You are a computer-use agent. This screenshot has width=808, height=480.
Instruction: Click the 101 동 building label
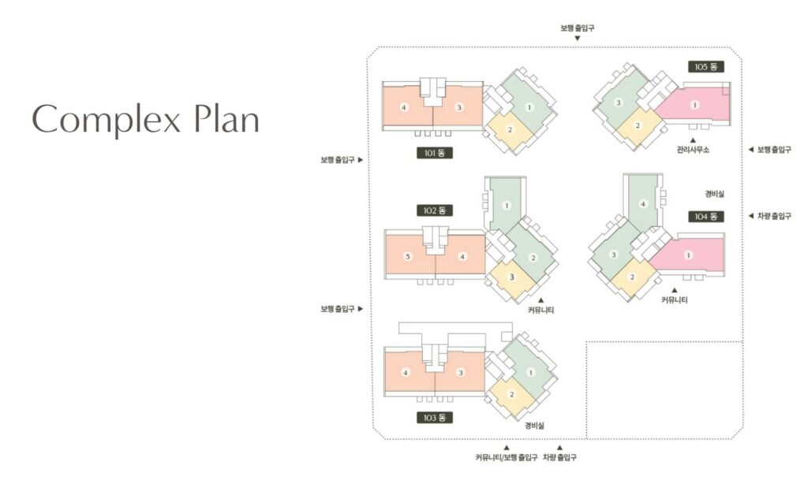(435, 153)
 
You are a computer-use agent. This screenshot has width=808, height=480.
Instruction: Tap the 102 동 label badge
(435, 210)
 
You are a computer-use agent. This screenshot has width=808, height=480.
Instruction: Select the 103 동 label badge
(435, 418)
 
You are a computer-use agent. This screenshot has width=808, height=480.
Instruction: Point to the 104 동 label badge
(706, 217)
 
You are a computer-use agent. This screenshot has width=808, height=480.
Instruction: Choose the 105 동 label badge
(706, 66)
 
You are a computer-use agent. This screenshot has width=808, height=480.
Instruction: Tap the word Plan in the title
(226, 118)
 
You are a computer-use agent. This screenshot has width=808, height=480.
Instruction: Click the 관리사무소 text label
(693, 150)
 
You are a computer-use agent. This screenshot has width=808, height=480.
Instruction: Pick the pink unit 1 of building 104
(688, 255)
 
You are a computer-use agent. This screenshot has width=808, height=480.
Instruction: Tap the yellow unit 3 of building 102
(511, 277)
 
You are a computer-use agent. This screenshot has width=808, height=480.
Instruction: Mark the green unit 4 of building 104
(642, 203)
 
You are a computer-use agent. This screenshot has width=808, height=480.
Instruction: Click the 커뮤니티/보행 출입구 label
(506, 457)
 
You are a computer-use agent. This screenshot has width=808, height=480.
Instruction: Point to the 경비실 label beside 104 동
(714, 194)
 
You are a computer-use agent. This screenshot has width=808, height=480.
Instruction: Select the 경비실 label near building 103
(534, 426)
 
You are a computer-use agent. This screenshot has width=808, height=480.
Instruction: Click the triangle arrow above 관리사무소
(693, 140)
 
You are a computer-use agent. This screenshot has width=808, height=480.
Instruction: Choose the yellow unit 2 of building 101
(510, 129)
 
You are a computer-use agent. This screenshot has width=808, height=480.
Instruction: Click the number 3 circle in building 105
(619, 103)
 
